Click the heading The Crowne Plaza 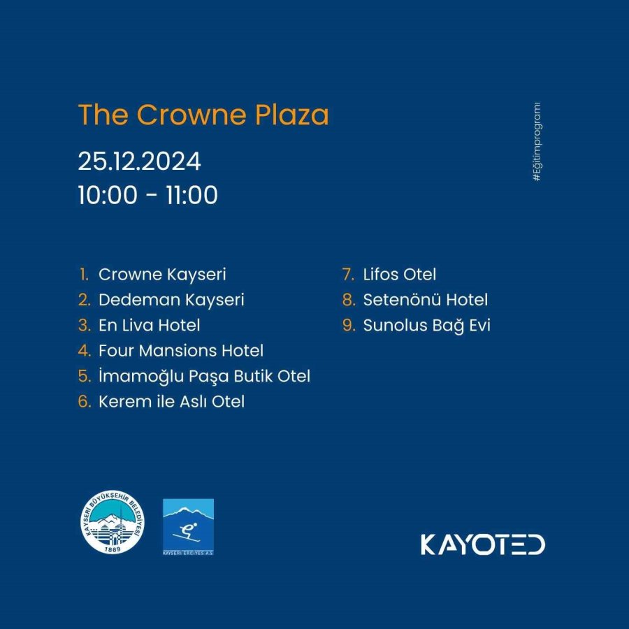203,115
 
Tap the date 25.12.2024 139,161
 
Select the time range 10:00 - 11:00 147,196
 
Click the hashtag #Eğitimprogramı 537,142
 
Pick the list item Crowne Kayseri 162,275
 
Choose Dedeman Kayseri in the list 171,300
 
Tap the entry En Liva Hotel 150,325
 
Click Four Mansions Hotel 181,351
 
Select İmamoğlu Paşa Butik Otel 204,377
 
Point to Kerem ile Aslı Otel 171,402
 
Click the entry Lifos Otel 400,275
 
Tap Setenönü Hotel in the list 425,300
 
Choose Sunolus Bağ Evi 427,326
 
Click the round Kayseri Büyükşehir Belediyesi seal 113,522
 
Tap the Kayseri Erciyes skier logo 188,527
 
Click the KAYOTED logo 483,544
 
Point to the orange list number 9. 349,325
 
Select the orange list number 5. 85,376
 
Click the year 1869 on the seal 112,549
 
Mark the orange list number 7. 348,275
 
